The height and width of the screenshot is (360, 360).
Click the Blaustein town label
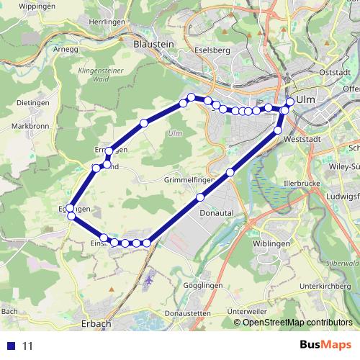(154, 44)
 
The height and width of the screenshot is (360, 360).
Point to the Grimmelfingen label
(191, 179)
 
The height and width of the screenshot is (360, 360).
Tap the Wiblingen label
(271, 244)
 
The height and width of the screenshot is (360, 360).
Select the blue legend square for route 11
(11, 346)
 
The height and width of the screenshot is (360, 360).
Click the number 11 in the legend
(28, 346)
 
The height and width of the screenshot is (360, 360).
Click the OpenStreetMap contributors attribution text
(297, 323)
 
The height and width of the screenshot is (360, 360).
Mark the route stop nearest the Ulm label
(290, 102)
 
